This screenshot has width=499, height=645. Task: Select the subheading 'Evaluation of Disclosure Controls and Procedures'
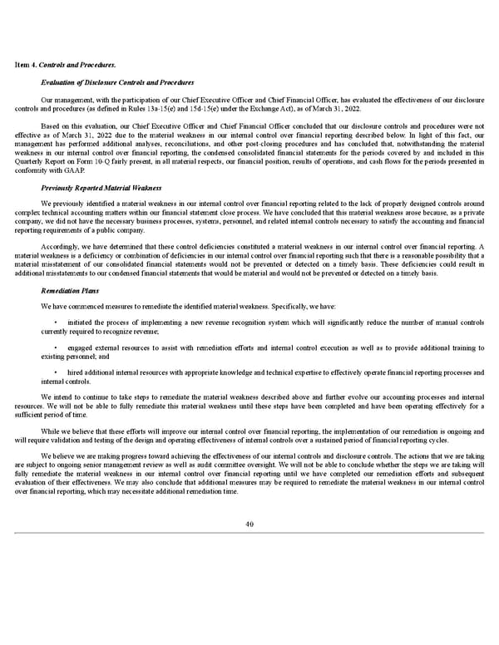point(117,81)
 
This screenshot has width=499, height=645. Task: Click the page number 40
point(249,524)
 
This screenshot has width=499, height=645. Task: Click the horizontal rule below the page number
point(249,533)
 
